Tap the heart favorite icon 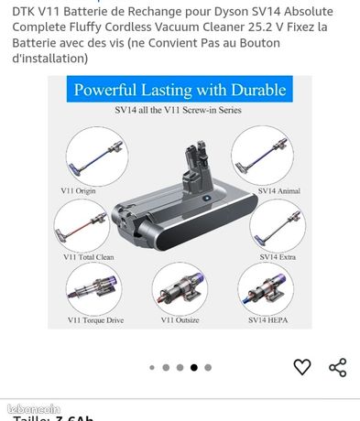click(x=302, y=367)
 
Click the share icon click(x=337, y=367)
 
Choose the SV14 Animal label click(x=279, y=189)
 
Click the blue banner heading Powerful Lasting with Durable click(x=180, y=91)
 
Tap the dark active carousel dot click(x=193, y=368)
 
